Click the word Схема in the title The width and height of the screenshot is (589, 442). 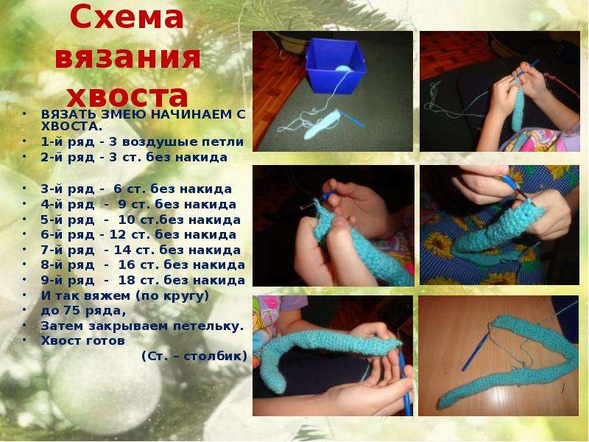pos(126,17)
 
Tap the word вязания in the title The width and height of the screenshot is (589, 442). pos(127,57)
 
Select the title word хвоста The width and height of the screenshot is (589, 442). pos(127,96)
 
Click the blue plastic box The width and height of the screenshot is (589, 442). pos(335,65)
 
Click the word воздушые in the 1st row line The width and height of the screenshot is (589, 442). pos(160,142)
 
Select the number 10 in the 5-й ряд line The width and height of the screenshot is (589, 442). pos(127,220)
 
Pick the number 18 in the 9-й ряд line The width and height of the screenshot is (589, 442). pos(127,281)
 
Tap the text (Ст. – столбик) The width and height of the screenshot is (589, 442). pos(194,356)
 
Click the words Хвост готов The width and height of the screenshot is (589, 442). pos(82,341)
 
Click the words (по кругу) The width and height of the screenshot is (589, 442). pos(172,296)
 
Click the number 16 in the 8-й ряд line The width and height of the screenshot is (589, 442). pos(127,265)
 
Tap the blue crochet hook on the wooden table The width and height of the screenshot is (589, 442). pos(475,352)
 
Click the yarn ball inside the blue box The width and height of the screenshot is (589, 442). pos(342,69)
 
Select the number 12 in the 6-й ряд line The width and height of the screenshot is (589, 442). pos(118,235)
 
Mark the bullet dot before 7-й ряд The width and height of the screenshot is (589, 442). pos(24,249)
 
